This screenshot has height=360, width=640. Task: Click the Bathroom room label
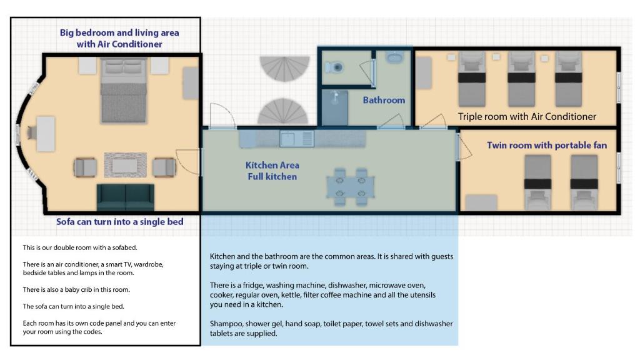[384, 100]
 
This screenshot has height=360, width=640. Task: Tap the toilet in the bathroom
[334, 67]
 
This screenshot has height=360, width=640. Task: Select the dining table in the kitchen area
[351, 186]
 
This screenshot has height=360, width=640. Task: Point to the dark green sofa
[126, 197]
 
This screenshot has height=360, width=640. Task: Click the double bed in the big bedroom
[123, 90]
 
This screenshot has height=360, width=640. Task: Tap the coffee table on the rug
[125, 166]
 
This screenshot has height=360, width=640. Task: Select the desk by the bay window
[46, 134]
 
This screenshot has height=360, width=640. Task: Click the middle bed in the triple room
[521, 79]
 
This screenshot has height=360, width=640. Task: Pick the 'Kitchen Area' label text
[272, 165]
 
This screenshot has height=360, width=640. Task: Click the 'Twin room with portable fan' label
[546, 145]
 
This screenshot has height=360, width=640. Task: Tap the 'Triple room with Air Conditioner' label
[527, 117]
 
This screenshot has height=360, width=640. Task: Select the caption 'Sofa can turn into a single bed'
[119, 222]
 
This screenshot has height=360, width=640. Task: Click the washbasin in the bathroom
[394, 57]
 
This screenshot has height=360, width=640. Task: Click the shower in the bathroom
[335, 107]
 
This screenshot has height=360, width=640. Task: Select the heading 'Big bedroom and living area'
[119, 32]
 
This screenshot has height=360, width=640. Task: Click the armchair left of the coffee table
[85, 167]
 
